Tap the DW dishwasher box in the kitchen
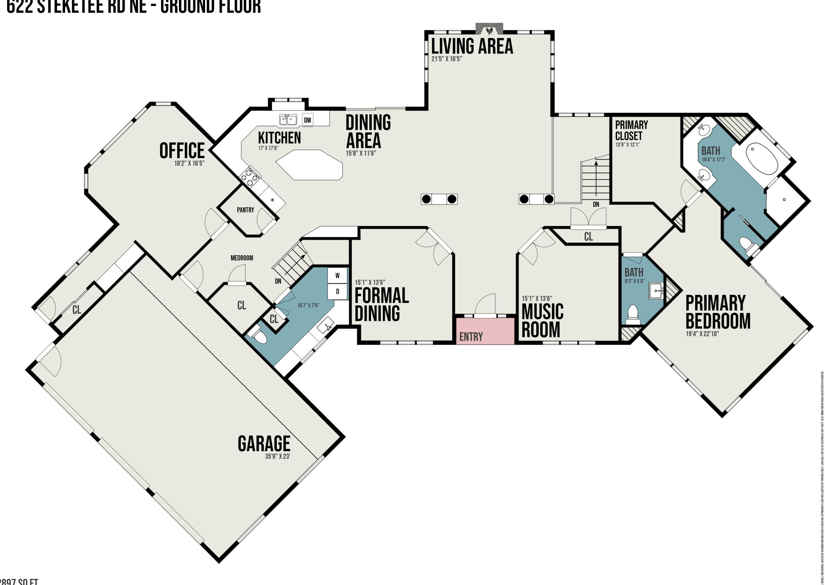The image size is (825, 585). [x=307, y=120]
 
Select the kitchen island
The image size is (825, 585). [x=309, y=165]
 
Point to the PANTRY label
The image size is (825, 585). [x=245, y=210]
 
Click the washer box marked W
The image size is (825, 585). [x=337, y=276]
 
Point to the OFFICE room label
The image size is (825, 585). [x=182, y=151]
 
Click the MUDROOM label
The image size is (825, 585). [x=242, y=258]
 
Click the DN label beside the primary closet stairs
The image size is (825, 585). [x=596, y=204]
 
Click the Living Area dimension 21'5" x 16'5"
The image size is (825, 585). [x=446, y=59]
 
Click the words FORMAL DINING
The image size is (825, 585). [x=381, y=304]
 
